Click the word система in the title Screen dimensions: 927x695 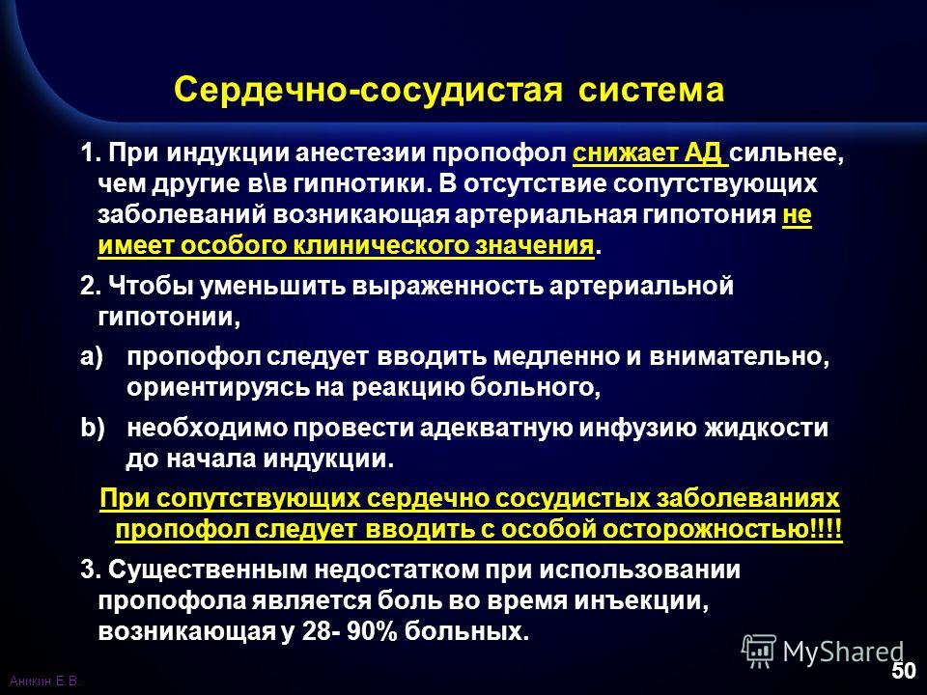click(x=651, y=91)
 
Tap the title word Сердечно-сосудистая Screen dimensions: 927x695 click(x=368, y=91)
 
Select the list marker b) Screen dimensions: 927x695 click(x=93, y=428)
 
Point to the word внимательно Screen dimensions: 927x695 click(x=740, y=357)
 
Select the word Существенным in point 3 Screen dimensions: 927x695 click(x=208, y=570)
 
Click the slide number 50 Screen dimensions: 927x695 click(x=904, y=671)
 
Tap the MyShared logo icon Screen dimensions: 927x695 click(x=758, y=652)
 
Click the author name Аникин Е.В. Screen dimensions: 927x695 click(x=45, y=681)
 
